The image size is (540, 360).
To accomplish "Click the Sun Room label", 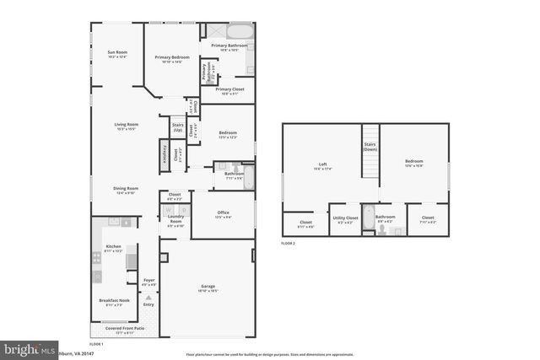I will pos(116,53).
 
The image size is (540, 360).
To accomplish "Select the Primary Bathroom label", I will pos(229,45).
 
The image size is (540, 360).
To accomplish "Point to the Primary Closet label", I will pos(229,89).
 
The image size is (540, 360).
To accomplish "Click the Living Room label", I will pos(127,125).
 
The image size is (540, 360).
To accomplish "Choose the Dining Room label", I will pos(127,189).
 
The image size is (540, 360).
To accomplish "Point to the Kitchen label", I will pos(113,247).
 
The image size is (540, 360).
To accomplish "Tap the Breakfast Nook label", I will pos(114,301).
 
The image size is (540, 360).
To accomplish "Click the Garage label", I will pos(208,289).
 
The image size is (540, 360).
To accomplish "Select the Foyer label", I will pos(149,282).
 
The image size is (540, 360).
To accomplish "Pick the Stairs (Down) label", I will pos(370,147).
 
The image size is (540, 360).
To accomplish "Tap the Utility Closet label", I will pos(346,218).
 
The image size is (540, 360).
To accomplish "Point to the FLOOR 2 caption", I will pos(291,243).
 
